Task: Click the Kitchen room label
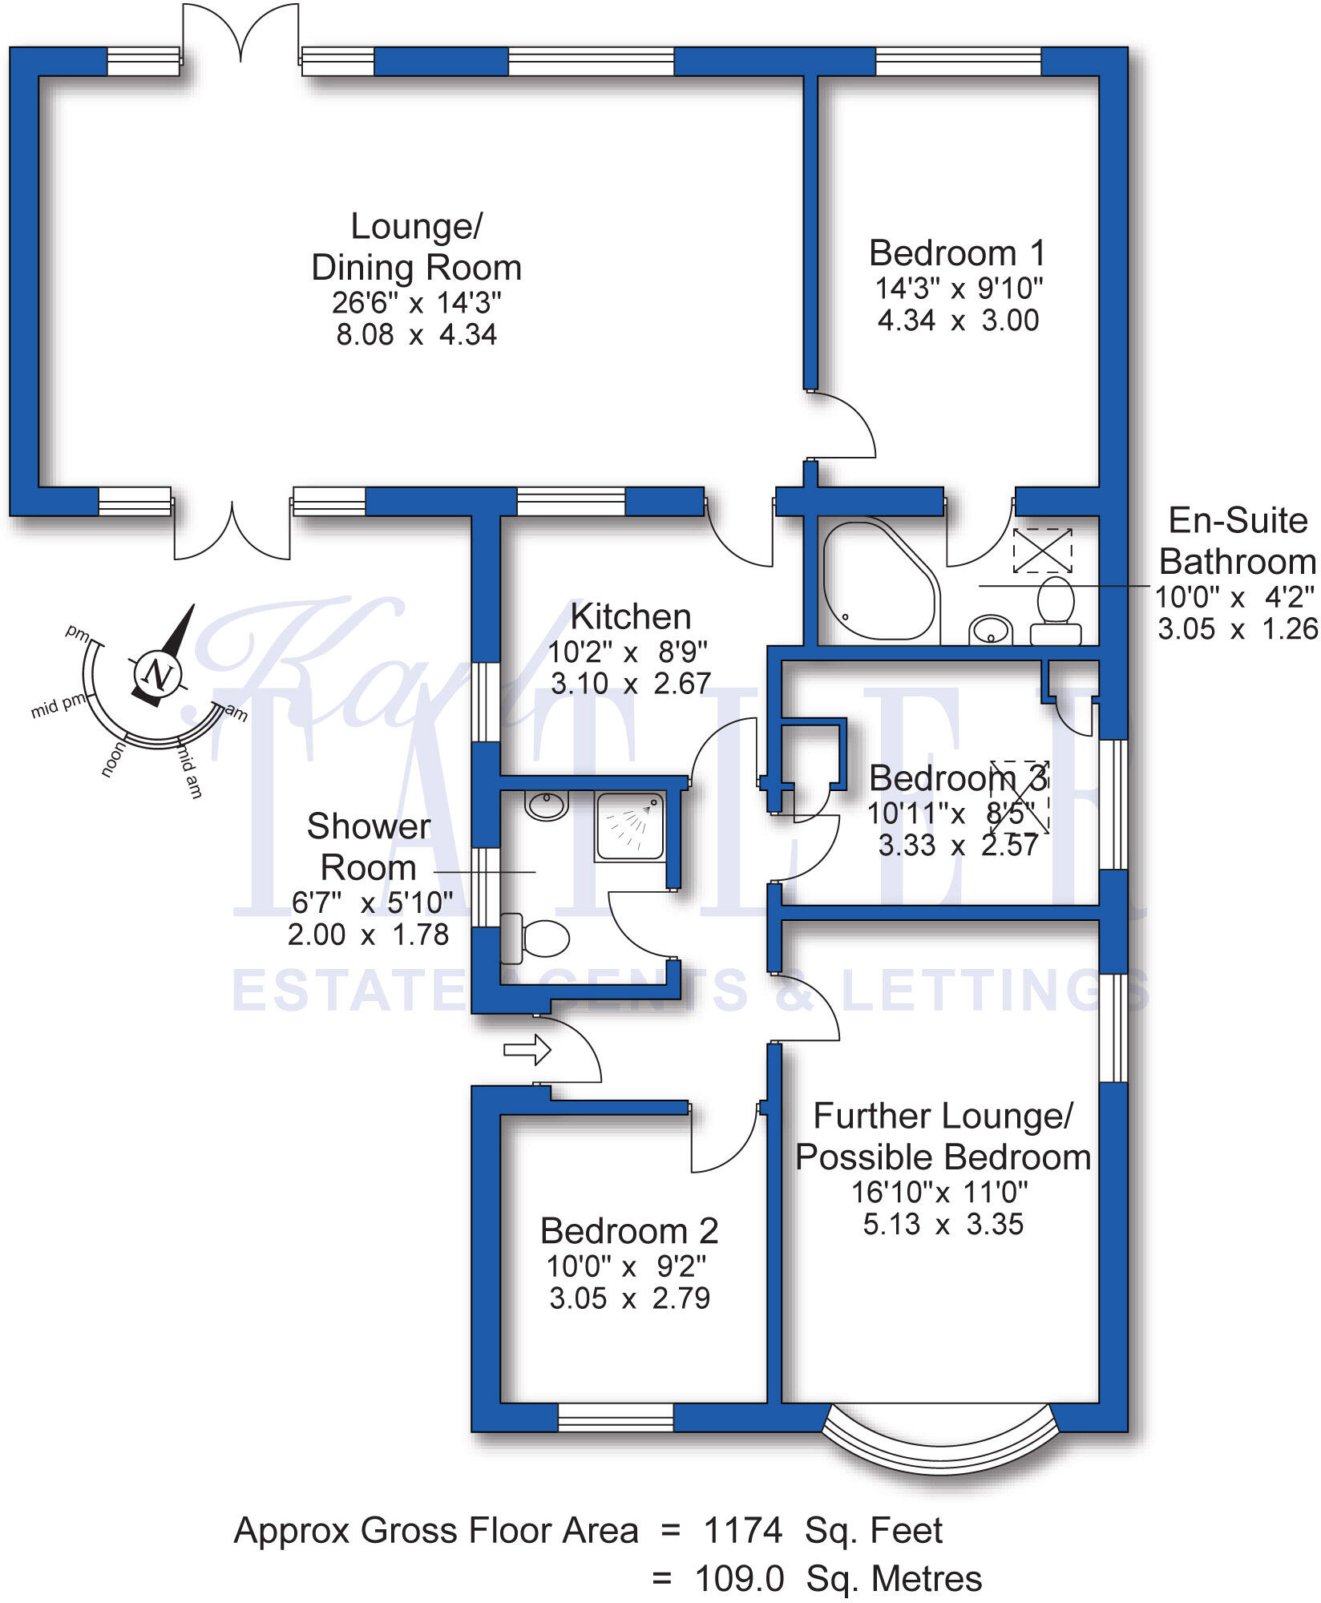pyautogui.click(x=631, y=617)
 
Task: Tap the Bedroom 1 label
pyautogui.click(x=957, y=254)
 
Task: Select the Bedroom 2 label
pyautogui.click(x=629, y=1231)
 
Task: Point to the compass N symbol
pyautogui.click(x=158, y=674)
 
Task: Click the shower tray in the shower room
pyautogui.click(x=630, y=827)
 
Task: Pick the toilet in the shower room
pyautogui.click(x=536, y=938)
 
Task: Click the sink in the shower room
pyautogui.click(x=547, y=805)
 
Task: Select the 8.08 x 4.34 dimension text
pyautogui.click(x=417, y=335)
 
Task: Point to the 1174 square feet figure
pyautogui.click(x=742, y=1531)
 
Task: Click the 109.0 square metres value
pyautogui.click(x=739, y=1580)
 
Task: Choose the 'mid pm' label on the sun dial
pyautogui.click(x=58, y=706)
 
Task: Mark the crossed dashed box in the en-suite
pyautogui.click(x=1042, y=551)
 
